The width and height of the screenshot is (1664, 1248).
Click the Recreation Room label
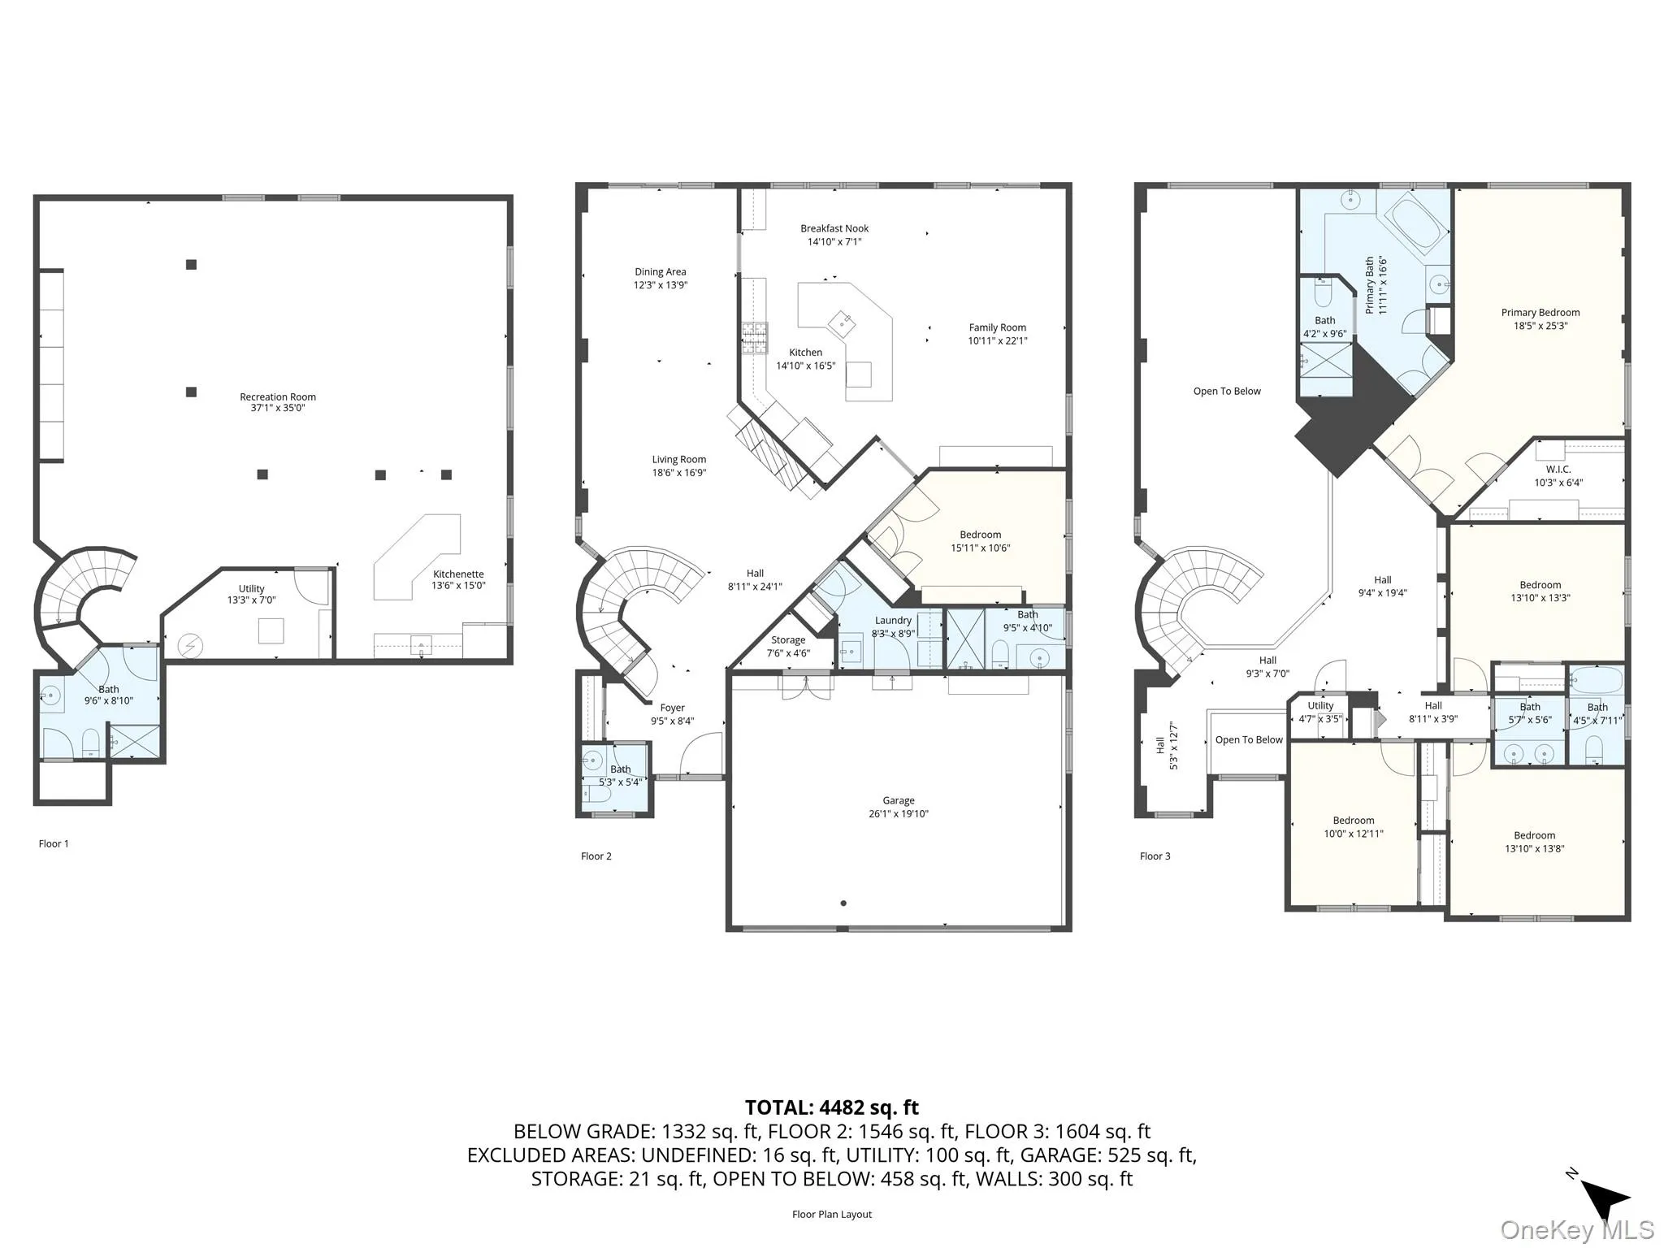point(277,397)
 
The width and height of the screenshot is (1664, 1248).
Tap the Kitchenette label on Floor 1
point(458,574)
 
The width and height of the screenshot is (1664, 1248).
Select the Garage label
point(898,800)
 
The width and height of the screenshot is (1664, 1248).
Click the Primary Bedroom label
point(1540,313)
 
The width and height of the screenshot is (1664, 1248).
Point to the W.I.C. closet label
point(1558,470)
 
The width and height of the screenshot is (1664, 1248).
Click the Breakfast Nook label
point(834,229)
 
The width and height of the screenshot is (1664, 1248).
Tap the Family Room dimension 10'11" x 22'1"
point(997,341)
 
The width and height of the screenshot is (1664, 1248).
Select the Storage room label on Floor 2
point(788,640)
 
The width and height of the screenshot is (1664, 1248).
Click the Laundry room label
point(893,621)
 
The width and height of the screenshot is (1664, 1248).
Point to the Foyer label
point(672,708)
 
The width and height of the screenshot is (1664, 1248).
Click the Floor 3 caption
point(1155,856)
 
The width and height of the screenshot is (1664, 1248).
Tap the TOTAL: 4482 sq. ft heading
point(831,1107)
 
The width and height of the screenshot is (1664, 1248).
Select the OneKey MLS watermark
point(1576,1230)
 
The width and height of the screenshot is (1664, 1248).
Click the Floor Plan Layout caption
point(831,1215)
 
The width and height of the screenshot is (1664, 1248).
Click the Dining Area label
point(660,272)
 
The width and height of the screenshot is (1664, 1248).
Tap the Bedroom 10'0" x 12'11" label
point(1353,821)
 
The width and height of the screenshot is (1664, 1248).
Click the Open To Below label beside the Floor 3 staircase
point(1248,740)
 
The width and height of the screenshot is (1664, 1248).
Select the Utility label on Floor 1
point(251,589)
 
